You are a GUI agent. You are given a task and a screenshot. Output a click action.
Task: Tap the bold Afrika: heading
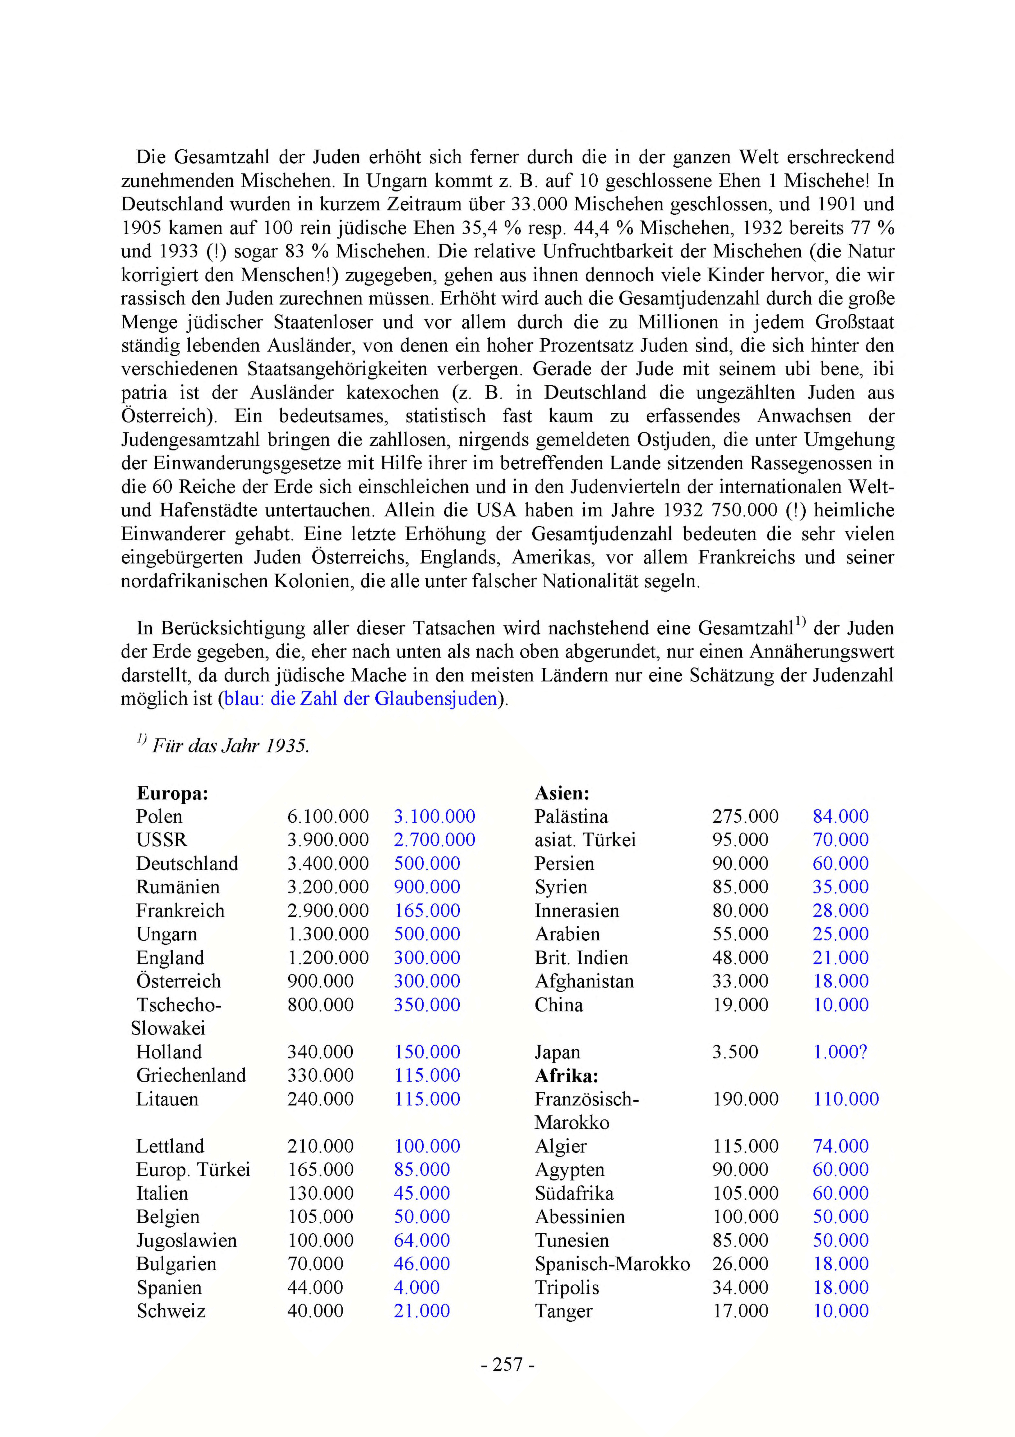pos(566,1075)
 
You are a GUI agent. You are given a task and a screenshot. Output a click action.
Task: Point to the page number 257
pos(508,1364)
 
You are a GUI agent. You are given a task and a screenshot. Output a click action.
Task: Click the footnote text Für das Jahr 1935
pos(230,746)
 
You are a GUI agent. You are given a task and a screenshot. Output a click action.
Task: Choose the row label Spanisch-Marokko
pos(612,1264)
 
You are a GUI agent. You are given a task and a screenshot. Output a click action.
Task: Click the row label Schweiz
pos(171,1311)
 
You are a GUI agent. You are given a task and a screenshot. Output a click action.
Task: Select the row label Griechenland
pos(191,1075)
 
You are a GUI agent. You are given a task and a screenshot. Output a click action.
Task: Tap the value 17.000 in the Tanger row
pos(740,1311)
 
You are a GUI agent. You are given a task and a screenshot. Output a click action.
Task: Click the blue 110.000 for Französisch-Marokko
pos(845,1099)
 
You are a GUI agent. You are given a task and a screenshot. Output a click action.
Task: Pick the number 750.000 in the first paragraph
pos(745,510)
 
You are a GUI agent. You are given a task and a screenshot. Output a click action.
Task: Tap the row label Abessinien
pos(579,1217)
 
